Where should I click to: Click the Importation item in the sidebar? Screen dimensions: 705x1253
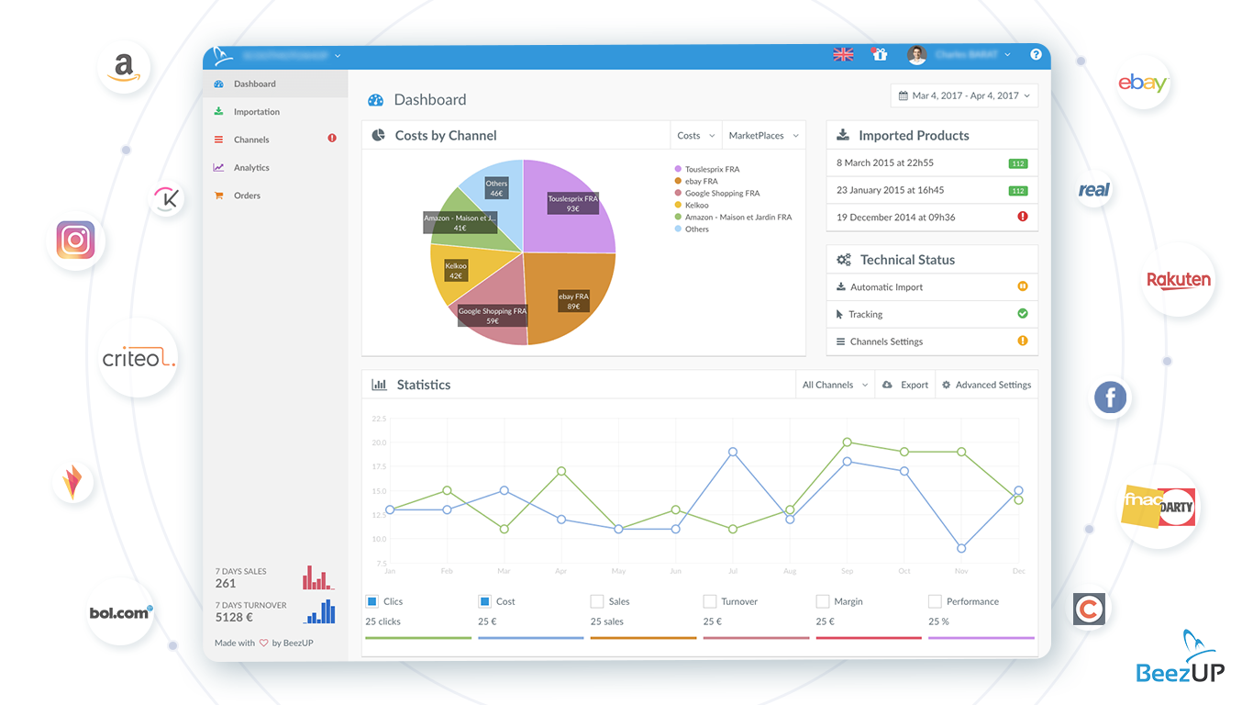[256, 112]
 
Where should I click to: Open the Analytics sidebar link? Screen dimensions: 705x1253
[250, 168]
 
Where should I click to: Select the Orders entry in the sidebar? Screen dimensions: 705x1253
[247, 196]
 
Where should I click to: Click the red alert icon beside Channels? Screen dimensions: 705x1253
[332, 139]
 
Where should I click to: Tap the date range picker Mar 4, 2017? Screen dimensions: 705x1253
[963, 95]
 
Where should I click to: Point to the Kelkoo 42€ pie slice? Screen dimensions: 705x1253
[456, 271]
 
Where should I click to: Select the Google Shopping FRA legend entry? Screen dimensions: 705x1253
[721, 194]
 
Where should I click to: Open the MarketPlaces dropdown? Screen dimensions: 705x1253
[763, 136]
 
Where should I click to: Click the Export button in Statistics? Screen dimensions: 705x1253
[905, 386]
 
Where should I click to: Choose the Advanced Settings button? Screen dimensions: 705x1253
[986, 386]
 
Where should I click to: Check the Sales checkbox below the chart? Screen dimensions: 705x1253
[597, 602]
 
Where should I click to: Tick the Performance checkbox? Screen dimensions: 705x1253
[935, 602]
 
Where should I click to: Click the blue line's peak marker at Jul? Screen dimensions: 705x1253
[733, 452]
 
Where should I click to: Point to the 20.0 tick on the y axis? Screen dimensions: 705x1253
[379, 442]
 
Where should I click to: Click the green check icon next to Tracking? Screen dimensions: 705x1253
[1022, 314]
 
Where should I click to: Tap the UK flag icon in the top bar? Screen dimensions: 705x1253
[843, 55]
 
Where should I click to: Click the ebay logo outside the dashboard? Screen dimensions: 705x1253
[1142, 84]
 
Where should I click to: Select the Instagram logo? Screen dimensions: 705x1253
[76, 241]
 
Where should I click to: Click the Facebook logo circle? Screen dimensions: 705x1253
[1110, 397]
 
